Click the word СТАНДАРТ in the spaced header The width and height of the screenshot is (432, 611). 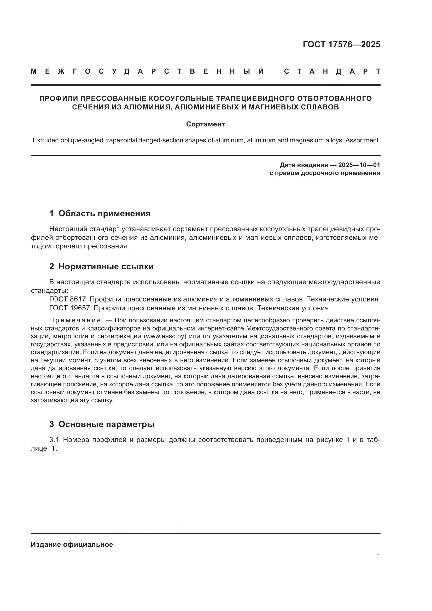[332, 71]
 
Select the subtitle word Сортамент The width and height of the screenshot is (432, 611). [205, 124]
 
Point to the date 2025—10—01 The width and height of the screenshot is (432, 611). [359, 165]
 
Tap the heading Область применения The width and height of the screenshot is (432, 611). [104, 213]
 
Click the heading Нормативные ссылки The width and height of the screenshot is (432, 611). [106, 266]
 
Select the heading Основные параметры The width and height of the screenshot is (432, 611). [106, 424]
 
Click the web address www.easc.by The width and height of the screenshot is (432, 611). [165, 336]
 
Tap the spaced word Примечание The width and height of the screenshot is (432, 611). [75, 320]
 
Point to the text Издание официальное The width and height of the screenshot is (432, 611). [72, 544]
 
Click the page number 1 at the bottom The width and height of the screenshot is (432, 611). [378, 556]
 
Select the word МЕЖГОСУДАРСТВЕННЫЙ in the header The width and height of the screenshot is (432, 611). [147, 71]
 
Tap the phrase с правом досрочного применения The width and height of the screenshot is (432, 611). [325, 173]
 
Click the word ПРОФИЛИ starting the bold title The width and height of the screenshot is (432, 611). [58, 98]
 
